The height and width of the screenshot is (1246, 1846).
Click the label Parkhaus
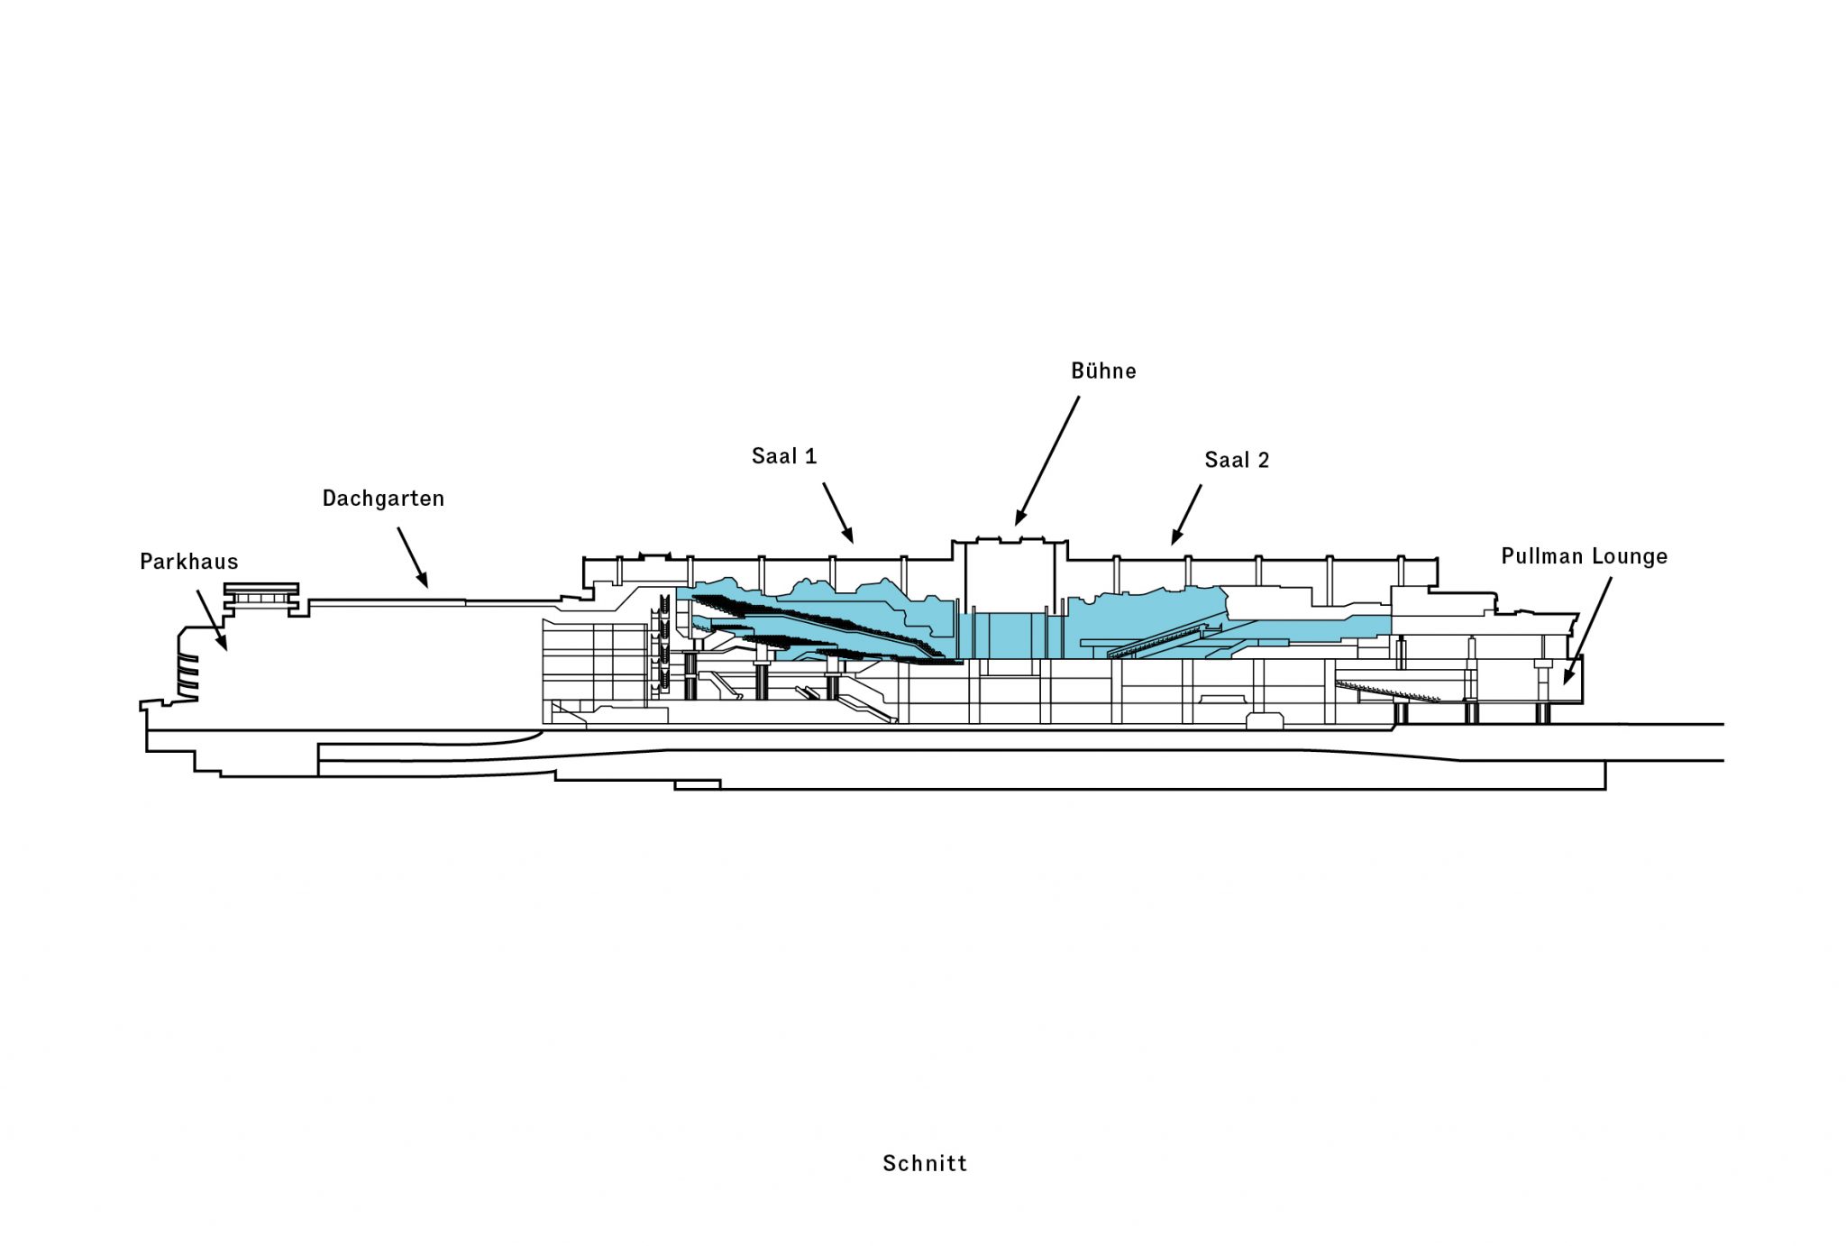tap(189, 562)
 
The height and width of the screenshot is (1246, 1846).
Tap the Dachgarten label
tap(383, 499)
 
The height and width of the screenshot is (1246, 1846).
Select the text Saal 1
tap(784, 456)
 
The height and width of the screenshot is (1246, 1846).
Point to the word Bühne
tap(1103, 371)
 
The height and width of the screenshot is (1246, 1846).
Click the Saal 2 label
tap(1237, 460)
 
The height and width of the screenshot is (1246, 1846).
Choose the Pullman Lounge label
tap(1584, 556)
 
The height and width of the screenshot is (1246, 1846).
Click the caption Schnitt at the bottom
tap(925, 1163)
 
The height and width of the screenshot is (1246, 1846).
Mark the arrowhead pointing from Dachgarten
tap(425, 582)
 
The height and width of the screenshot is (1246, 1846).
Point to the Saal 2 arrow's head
tap(1174, 540)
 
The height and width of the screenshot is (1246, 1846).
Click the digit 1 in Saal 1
tap(810, 456)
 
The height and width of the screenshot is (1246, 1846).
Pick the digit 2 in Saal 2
tap(1263, 460)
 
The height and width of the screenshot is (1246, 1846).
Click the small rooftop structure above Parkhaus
tap(260, 594)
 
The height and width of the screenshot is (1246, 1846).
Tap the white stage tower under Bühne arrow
tap(1010, 577)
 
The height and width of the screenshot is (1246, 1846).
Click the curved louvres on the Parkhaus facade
tap(187, 676)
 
